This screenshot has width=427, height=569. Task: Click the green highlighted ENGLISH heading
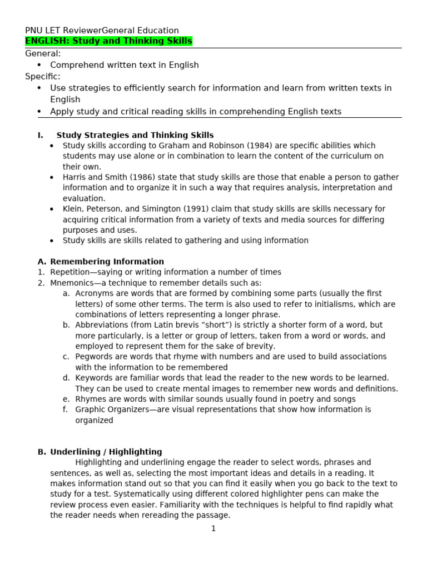109,41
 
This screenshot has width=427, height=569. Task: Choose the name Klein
73,209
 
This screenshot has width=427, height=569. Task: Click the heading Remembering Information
107,262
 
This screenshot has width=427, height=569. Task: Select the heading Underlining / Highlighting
106,452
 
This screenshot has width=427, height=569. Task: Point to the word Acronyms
93,293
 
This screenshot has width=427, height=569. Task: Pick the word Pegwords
94,357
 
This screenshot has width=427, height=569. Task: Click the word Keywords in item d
95,378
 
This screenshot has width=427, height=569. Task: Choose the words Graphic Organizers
114,410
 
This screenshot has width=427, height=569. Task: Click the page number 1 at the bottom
213,528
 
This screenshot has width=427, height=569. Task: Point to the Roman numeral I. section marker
40,135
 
